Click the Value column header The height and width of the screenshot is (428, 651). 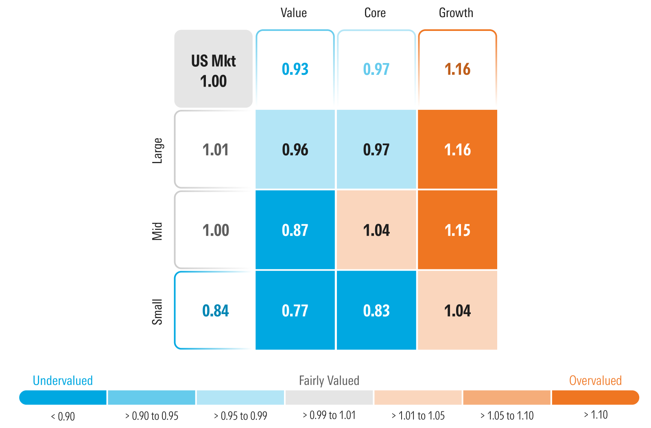[293, 13]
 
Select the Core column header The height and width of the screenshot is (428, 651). [375, 13]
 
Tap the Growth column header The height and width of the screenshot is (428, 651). [456, 13]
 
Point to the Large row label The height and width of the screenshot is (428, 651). [157, 151]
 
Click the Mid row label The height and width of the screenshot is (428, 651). [157, 231]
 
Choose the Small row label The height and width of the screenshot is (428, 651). [157, 312]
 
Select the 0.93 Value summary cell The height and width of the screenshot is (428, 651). [295, 69]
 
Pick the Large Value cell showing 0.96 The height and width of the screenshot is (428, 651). [295, 150]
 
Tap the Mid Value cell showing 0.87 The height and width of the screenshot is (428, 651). [295, 230]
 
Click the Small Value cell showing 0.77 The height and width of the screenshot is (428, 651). [295, 311]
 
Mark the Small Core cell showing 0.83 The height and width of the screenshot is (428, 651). [376, 311]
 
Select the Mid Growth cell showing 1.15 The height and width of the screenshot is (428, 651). [457, 230]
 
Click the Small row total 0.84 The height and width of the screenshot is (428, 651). [215, 311]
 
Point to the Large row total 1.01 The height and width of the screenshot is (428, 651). [215, 150]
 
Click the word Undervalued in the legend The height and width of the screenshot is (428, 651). [63, 380]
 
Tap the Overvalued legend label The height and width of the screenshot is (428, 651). [595, 380]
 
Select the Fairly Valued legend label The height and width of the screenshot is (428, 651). [329, 380]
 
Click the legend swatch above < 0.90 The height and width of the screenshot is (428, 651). [63, 397]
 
